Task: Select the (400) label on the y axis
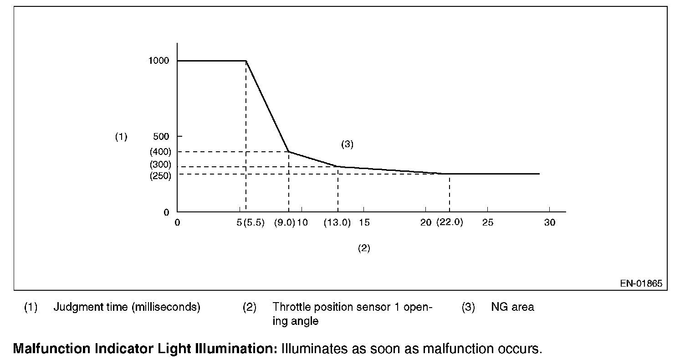coord(160,152)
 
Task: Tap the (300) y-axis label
coord(160,165)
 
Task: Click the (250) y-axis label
coord(160,176)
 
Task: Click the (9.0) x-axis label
coord(285,223)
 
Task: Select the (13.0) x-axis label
coord(337,223)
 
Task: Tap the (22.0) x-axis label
coord(450,223)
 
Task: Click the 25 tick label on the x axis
coord(487,223)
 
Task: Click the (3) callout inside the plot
coord(347,144)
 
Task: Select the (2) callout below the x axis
coord(363,248)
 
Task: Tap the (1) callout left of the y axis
coord(121,136)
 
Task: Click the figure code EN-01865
coord(641,283)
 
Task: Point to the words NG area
coord(512,307)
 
